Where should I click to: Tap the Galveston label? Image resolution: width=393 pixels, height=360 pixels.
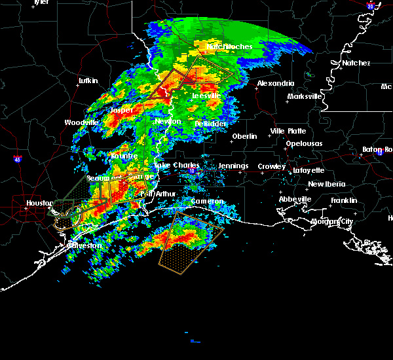click(x=85, y=245)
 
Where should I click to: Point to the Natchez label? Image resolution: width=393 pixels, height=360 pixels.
click(x=356, y=63)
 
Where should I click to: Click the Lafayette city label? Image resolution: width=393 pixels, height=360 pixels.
click(x=309, y=170)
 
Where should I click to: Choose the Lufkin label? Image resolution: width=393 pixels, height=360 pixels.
click(x=88, y=81)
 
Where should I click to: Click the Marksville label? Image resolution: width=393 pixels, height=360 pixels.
click(x=305, y=96)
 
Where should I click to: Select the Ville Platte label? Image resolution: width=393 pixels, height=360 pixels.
click(x=287, y=131)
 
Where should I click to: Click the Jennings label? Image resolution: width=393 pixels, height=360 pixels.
click(x=233, y=166)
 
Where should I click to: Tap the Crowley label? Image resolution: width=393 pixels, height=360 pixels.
click(x=271, y=166)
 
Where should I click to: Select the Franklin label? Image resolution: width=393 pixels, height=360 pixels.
click(x=343, y=200)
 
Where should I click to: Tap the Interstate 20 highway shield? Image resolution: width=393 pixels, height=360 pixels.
click(x=371, y=6)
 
